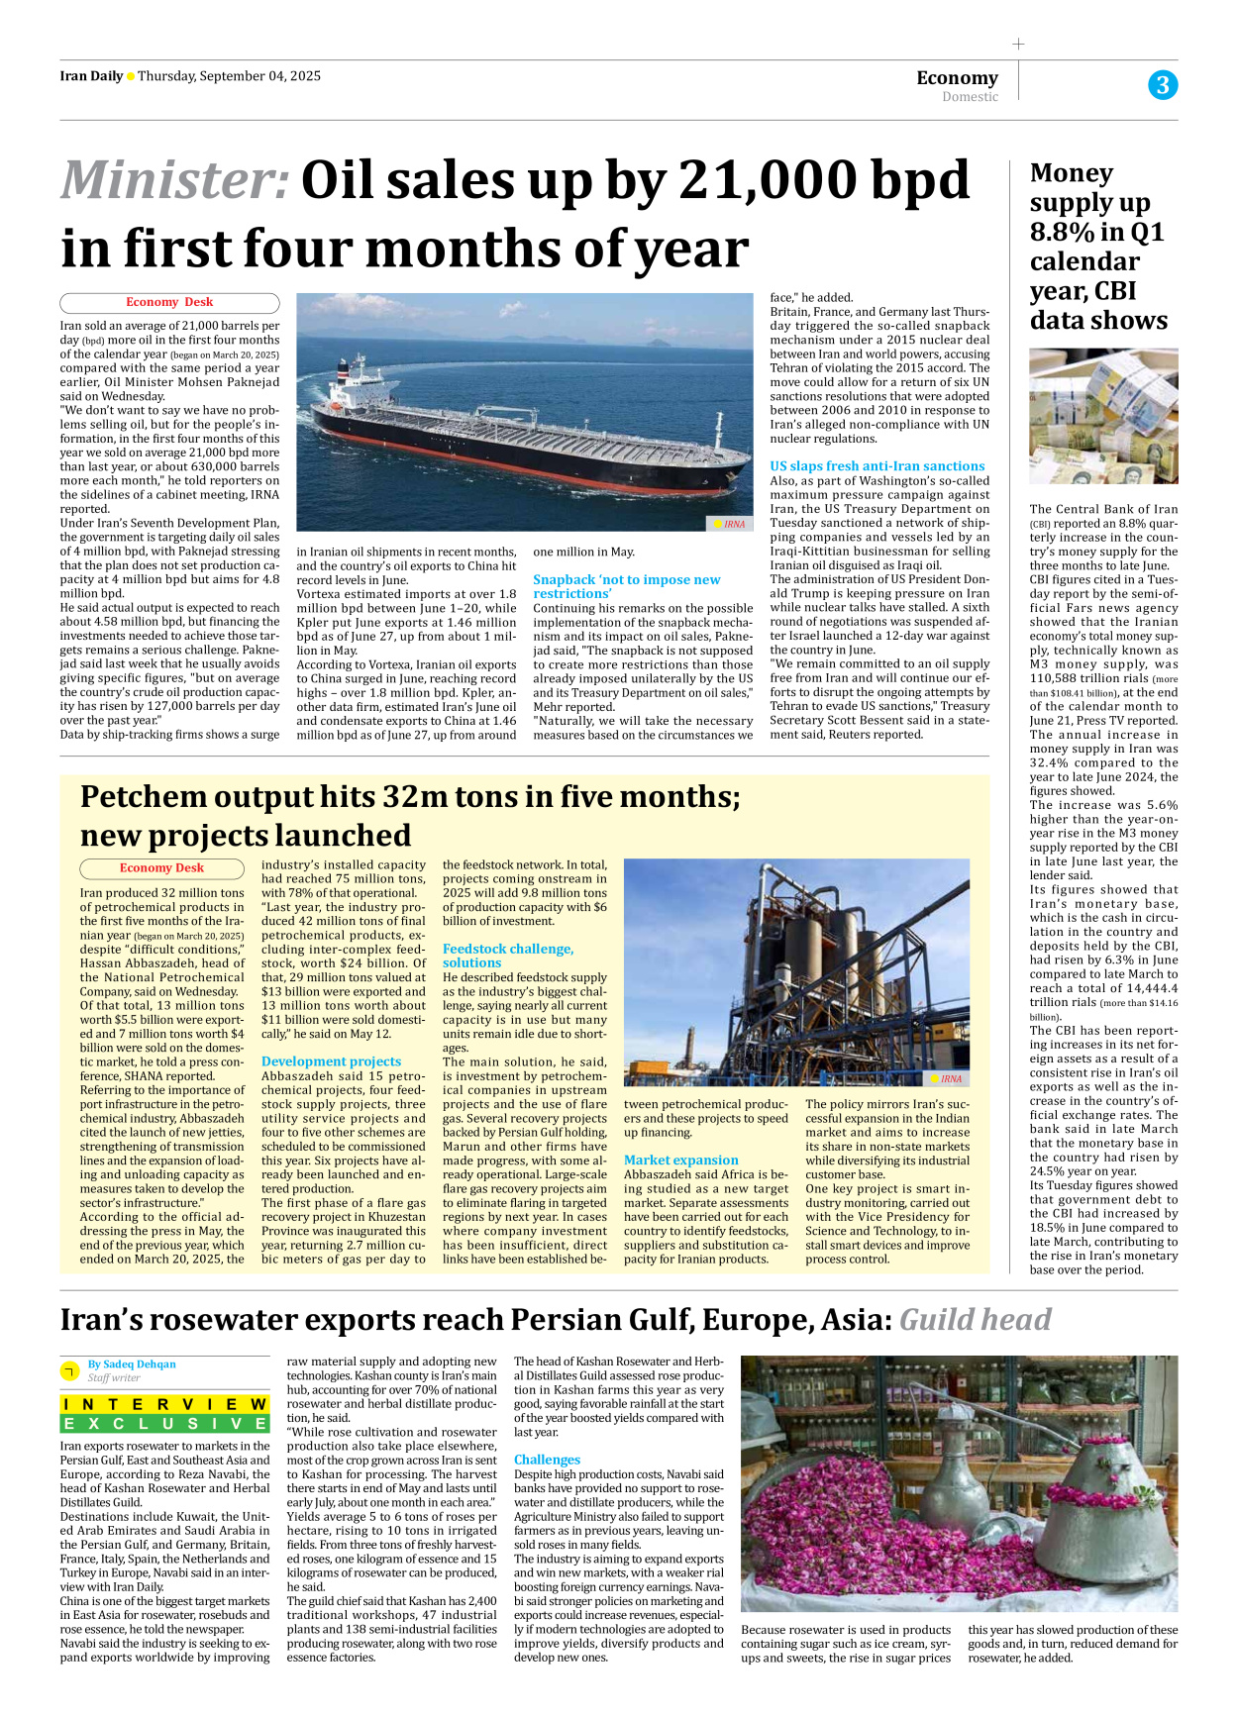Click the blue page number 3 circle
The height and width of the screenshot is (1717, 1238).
1162,85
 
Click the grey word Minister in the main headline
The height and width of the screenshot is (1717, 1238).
174,181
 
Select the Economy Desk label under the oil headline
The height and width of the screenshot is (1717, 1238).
169,302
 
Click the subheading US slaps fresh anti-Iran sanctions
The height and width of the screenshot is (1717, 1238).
877,465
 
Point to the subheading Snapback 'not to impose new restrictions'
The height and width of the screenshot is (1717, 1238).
626,586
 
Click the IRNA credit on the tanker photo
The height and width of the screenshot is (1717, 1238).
730,524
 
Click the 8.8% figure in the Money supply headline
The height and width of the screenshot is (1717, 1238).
1062,233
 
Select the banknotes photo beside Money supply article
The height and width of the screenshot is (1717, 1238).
1102,416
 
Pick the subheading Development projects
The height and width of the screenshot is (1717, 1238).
331,1060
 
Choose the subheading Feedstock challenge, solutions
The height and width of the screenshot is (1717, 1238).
507,955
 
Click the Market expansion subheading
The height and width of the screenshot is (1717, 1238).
680,1160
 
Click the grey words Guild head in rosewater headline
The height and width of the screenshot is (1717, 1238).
975,1320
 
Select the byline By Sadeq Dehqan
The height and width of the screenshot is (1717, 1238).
132,1363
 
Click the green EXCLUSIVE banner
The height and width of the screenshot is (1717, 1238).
164,1423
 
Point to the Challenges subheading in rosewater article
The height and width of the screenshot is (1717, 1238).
547,1460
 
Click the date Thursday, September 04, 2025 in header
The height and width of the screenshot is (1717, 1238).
229,76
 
